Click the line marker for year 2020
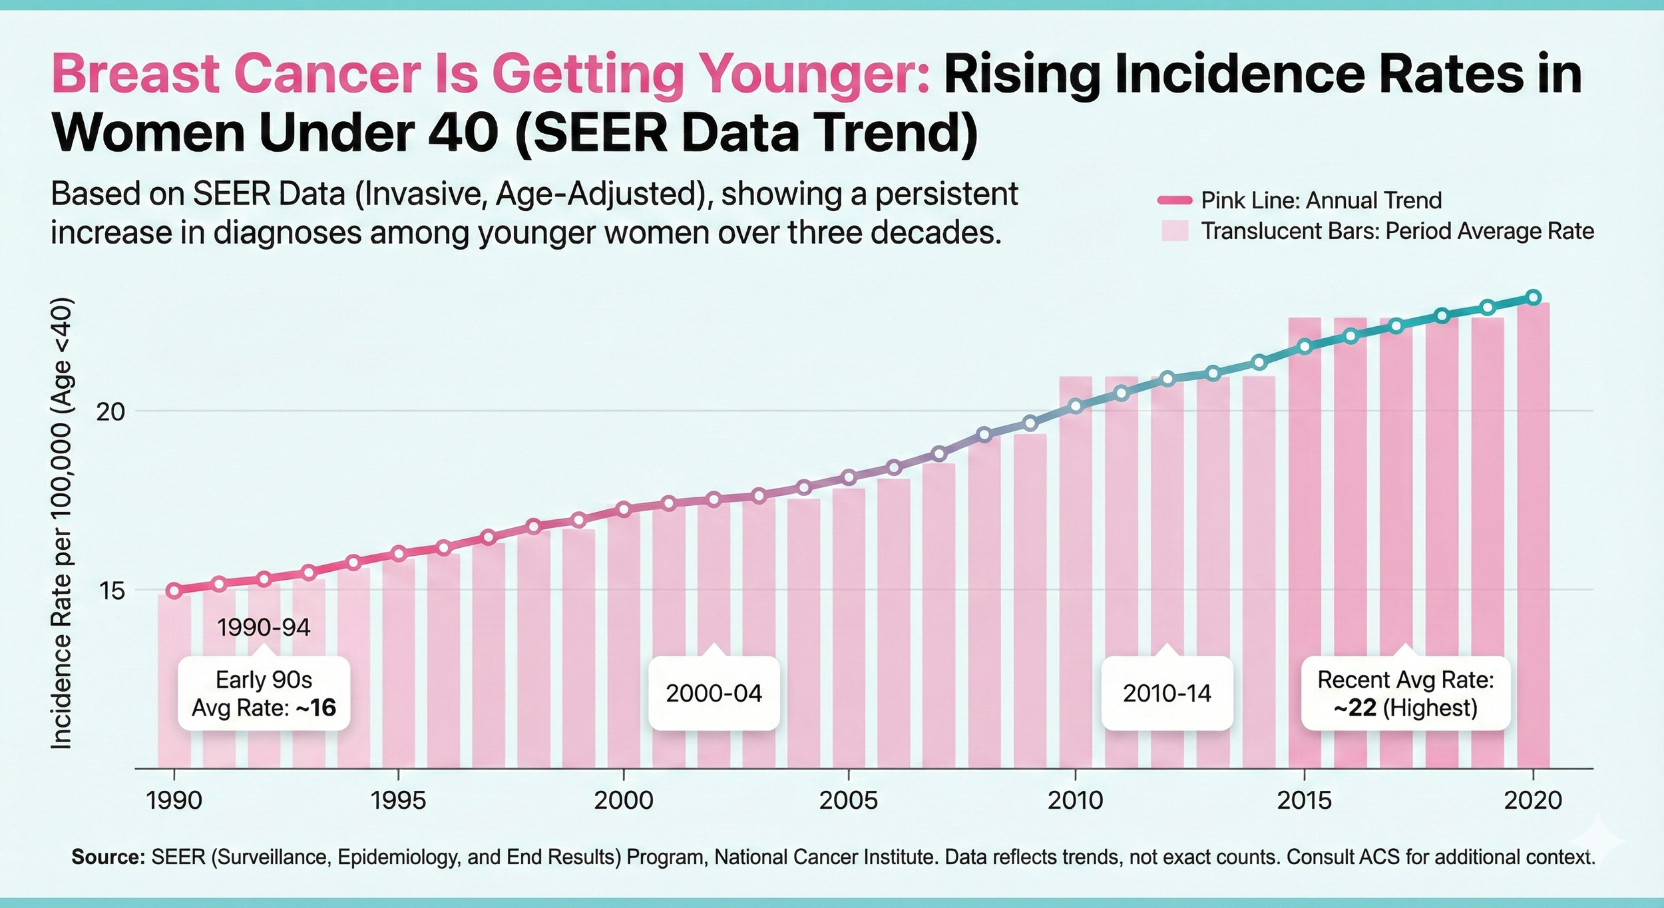pos(1533,298)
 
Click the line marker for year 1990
pos(174,590)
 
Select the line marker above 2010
pos(1075,406)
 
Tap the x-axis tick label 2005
pos(848,800)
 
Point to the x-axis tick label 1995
pos(398,800)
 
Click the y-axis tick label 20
pos(110,412)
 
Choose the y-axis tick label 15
pos(110,590)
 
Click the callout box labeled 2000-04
pos(714,694)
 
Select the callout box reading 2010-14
pos(1167,694)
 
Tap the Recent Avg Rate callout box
pos(1405,694)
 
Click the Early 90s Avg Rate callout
pos(264,694)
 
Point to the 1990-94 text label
pos(264,628)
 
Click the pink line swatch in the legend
pos(1175,200)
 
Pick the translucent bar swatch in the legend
pos(1175,231)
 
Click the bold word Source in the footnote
pos(108,857)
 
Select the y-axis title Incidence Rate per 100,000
pos(61,524)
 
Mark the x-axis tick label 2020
pos(1533,800)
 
